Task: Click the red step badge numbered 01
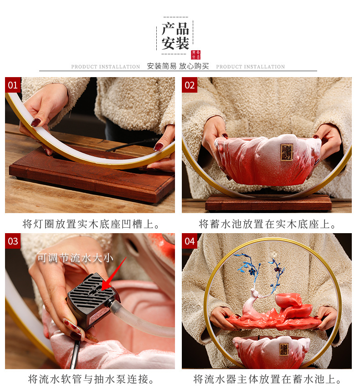click(13, 85)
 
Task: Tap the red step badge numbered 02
click(190, 85)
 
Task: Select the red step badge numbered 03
click(13, 241)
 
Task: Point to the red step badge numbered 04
click(190, 241)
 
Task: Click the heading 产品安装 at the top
click(175, 36)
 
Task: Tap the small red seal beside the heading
click(195, 55)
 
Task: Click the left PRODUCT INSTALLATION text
click(106, 67)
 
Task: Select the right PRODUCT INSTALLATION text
click(250, 67)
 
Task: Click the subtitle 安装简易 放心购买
click(178, 66)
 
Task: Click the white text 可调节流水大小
click(75, 258)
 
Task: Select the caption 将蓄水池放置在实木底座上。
click(267, 224)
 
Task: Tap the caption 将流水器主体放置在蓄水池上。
click(267, 379)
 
